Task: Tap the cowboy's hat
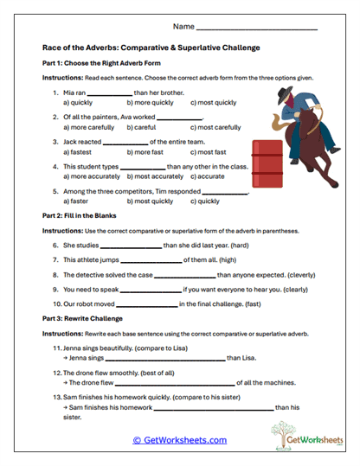click(x=288, y=89)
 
